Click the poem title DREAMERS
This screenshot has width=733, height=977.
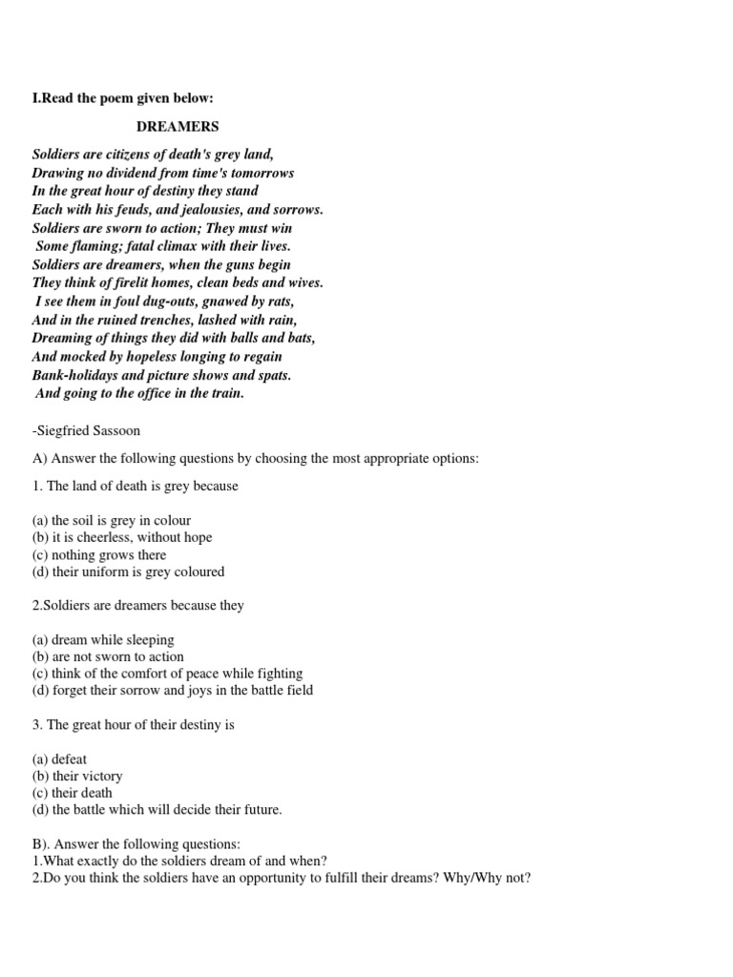pos(178,126)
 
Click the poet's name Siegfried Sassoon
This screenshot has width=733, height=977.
pos(91,431)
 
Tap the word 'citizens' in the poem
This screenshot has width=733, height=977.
pos(141,155)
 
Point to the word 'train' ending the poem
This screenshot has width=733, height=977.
pos(226,393)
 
